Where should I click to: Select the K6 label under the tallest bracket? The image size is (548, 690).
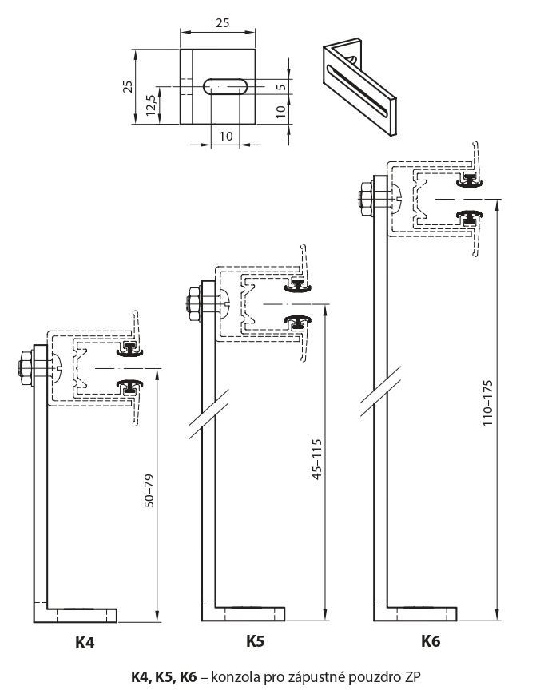click(431, 640)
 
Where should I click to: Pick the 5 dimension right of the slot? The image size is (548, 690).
click(280, 86)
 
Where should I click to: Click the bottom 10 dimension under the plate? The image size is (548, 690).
click(226, 136)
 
